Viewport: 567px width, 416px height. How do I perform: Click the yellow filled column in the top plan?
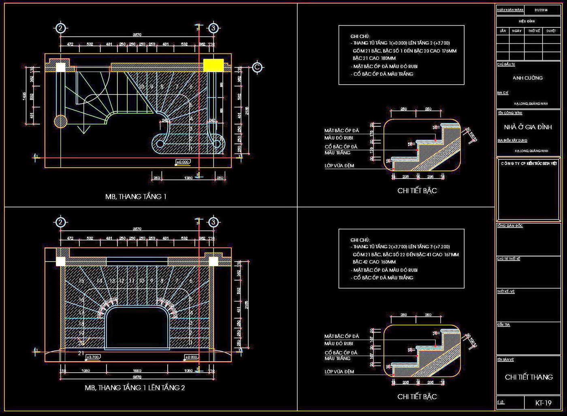[213, 65]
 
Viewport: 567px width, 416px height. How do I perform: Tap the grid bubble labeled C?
[257, 67]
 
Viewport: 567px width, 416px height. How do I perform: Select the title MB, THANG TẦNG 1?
[136, 197]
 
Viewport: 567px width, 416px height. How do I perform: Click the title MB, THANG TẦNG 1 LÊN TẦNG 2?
[134, 388]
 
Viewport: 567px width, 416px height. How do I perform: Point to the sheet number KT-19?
[543, 403]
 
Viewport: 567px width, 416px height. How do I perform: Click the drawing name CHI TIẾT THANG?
[529, 377]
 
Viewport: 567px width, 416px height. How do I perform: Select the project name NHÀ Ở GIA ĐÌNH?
[528, 127]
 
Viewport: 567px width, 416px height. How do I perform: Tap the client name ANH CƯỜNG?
[527, 78]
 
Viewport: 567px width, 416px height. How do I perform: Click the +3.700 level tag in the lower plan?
[92, 357]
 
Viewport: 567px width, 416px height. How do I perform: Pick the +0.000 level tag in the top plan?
[183, 162]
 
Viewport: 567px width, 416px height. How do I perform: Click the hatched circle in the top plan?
[60, 121]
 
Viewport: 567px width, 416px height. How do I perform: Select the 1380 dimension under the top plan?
[188, 178]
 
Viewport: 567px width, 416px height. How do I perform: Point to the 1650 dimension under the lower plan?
[137, 371]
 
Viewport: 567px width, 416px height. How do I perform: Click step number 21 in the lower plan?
[81, 353]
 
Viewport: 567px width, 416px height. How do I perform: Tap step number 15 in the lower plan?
[81, 281]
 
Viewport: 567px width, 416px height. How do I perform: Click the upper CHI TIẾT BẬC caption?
[417, 191]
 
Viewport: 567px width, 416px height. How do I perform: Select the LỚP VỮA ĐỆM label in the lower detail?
[339, 371]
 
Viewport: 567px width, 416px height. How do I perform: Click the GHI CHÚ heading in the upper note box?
[360, 36]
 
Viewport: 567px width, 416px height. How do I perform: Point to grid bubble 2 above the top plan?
[60, 28]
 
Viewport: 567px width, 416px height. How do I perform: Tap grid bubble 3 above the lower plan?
[213, 222]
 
